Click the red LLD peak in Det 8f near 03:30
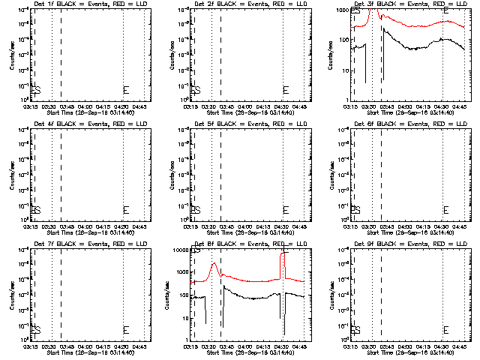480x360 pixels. (214, 263)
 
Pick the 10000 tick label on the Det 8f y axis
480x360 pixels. (180, 250)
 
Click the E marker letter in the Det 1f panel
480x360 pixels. (126, 91)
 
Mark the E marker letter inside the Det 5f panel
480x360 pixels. (286, 210)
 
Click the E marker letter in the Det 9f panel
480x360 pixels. (446, 330)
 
